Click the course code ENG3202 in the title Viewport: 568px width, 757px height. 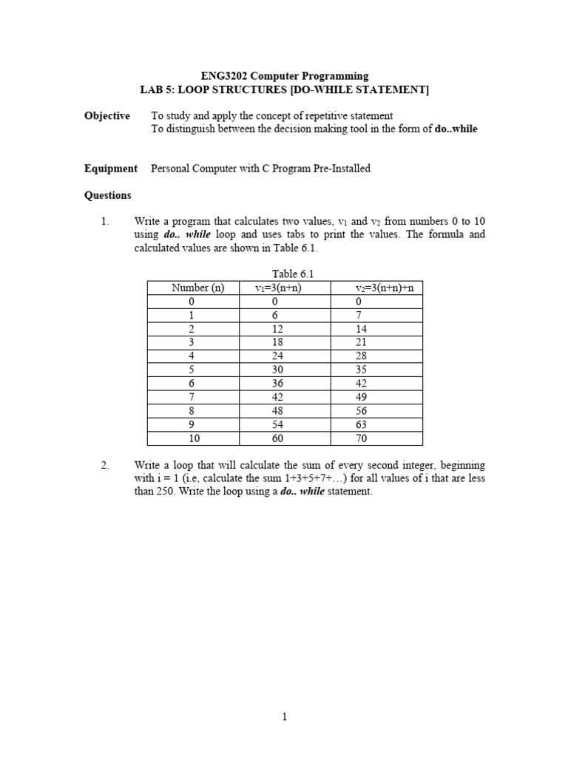226,76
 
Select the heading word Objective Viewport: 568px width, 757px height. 107,116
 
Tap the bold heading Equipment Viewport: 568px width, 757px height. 111,169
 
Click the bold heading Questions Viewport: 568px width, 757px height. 108,196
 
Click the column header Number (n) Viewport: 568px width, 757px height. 197,288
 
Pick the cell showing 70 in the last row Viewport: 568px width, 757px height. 362,438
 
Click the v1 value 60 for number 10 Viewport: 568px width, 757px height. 278,438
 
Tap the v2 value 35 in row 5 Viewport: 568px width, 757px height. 362,370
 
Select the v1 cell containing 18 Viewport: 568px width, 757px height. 278,342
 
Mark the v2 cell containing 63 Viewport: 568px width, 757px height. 362,425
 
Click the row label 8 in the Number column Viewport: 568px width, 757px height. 192,411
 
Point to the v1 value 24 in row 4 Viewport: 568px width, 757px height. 278,356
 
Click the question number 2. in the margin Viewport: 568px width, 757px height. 105,466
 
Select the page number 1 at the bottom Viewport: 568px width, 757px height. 285,716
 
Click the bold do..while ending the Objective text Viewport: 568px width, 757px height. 456,129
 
